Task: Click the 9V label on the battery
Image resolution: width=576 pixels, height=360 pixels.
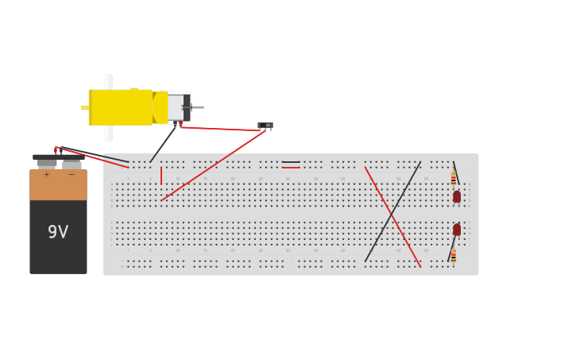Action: pos(58,232)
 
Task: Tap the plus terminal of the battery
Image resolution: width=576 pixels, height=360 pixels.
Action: pos(47,164)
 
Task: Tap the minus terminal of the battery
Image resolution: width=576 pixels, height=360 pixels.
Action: pos(72,164)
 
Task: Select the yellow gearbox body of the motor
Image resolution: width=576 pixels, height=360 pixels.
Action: pos(121,107)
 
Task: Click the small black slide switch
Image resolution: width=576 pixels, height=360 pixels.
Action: pos(265,126)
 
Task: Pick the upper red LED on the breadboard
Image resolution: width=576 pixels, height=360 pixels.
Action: pos(457,196)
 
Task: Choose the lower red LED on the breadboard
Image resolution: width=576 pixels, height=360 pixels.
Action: pos(457,230)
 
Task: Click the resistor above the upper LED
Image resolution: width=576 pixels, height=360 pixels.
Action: pos(454,178)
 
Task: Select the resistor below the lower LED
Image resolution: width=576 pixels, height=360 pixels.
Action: pos(454,255)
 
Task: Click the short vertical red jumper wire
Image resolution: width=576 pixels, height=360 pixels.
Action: pos(161,176)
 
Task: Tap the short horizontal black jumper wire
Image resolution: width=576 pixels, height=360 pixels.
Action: pos(291,162)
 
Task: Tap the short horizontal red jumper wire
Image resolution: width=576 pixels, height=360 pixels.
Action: pos(291,168)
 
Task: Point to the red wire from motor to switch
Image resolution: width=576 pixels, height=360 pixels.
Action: pos(222,129)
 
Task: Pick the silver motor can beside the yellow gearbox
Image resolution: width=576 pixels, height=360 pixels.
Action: pos(176,107)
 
